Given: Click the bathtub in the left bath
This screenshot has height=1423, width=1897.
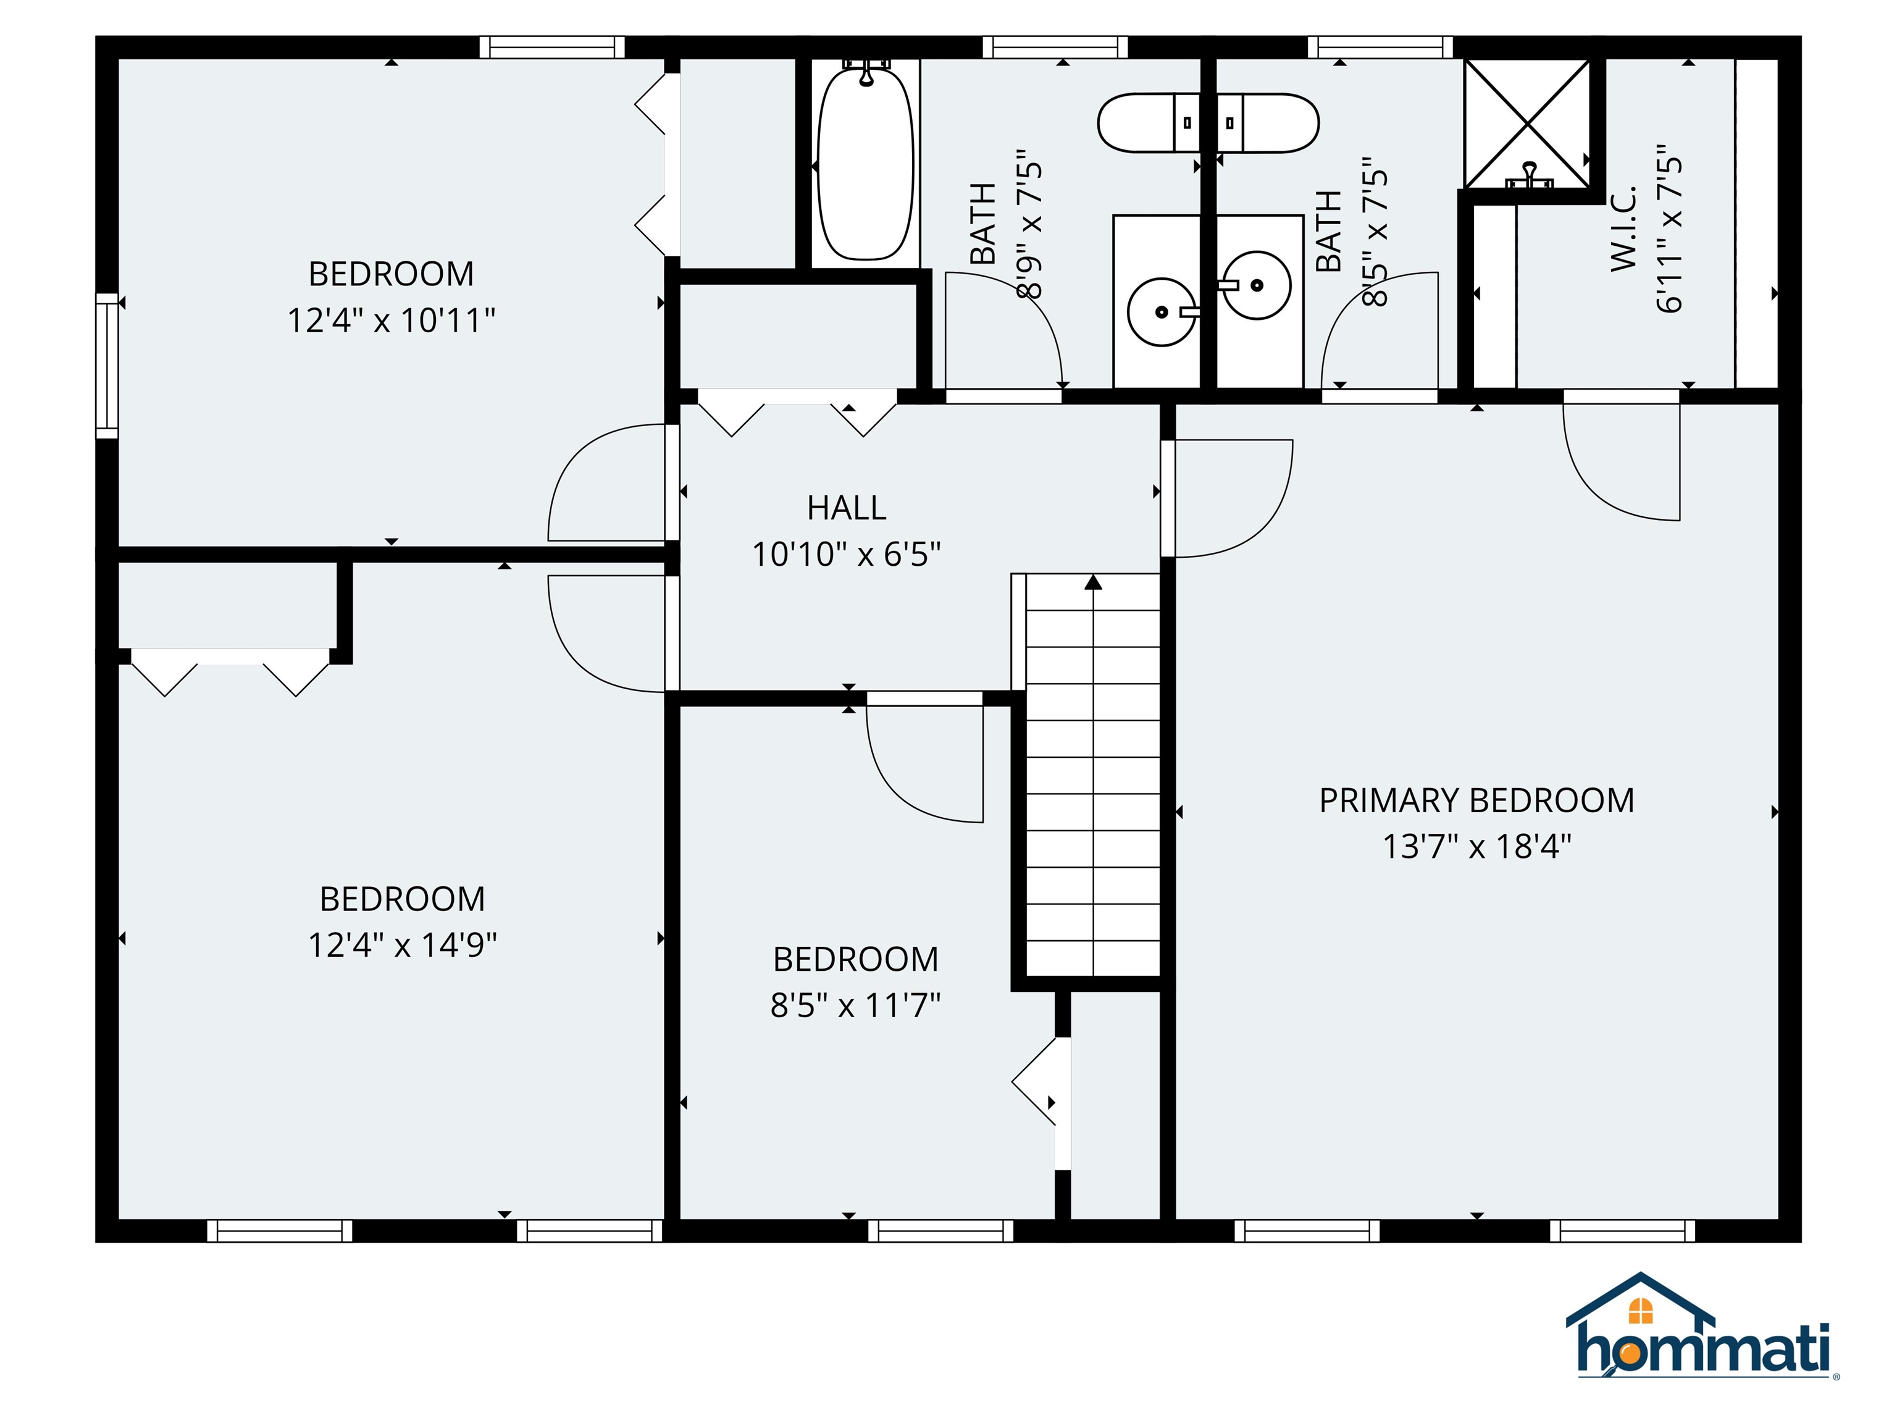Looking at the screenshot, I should (865, 163).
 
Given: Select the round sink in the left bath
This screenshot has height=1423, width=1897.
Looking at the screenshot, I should (1161, 311).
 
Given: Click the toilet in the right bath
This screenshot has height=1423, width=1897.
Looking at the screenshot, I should (1269, 123).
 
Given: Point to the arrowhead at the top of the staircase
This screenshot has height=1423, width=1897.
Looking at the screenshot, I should (1092, 582).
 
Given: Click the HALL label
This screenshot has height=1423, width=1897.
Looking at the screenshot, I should (847, 508).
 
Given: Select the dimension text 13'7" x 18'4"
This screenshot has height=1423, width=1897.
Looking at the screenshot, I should (1476, 847).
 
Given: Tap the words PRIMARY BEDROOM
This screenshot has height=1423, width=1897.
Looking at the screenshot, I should (1476, 800).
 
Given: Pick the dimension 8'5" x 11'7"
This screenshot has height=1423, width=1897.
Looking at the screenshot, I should (855, 1004).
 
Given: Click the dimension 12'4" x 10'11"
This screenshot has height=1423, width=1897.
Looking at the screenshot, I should (391, 321).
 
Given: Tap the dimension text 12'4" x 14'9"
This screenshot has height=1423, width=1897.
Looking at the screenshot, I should (402, 945).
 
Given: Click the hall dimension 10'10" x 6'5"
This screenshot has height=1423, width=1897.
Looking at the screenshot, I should (847, 554).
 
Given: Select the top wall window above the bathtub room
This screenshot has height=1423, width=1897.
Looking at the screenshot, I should (1055, 47).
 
